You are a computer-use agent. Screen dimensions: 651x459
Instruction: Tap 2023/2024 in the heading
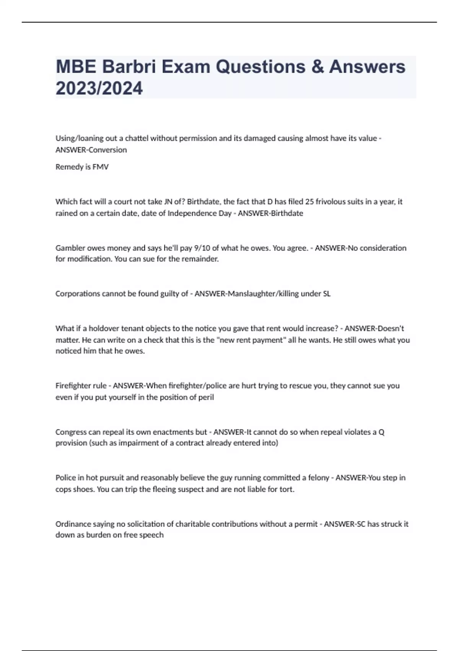[x=99, y=88]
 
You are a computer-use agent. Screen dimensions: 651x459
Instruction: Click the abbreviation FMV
[x=101, y=167]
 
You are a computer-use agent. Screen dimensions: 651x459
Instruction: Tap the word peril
[x=206, y=397]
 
